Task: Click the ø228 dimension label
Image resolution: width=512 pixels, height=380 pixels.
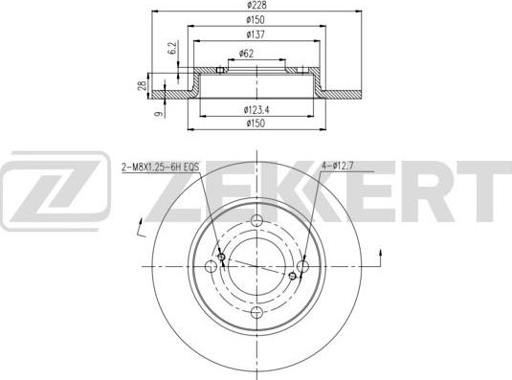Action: [x=256, y=5]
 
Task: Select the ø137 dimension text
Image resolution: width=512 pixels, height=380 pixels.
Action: [x=256, y=34]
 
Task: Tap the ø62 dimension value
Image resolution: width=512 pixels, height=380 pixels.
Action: [x=247, y=54]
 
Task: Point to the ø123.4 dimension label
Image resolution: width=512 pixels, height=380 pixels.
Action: [x=256, y=110]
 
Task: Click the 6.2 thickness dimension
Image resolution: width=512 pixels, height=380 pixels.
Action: [x=172, y=48]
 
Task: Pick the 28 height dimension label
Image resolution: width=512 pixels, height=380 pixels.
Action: [x=142, y=85]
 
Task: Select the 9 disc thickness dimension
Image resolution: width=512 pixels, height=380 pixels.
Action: [x=159, y=114]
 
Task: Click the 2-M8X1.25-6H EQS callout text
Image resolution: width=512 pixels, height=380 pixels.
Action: [x=161, y=168]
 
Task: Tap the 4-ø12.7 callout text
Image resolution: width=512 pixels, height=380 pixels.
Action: [x=337, y=167]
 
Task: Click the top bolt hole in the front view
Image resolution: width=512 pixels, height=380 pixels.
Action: [x=257, y=219]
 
